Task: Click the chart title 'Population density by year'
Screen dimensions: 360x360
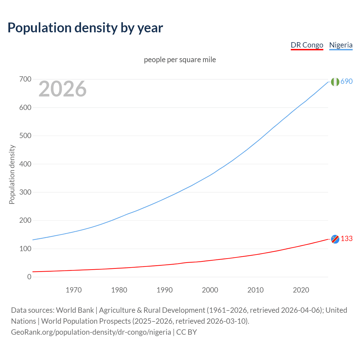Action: pyautogui.click(x=85, y=28)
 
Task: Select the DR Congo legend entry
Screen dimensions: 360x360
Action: pyautogui.click(x=307, y=45)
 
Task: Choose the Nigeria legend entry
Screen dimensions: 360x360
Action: pyautogui.click(x=341, y=45)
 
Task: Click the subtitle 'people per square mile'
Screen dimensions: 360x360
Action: pyautogui.click(x=180, y=60)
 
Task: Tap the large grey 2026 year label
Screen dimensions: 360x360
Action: pyautogui.click(x=62, y=89)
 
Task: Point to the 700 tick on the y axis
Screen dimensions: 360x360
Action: pyautogui.click(x=25, y=79)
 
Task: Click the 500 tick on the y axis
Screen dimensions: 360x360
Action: pyautogui.click(x=25, y=136)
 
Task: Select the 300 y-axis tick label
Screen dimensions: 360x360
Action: pyautogui.click(x=25, y=192)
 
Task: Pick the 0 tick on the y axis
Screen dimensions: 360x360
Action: pyautogui.click(x=29, y=277)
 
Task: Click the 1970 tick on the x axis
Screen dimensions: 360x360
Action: pyautogui.click(x=74, y=290)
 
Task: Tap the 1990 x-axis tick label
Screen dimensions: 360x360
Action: pyautogui.click(x=165, y=290)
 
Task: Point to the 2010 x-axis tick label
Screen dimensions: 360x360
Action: pyautogui.click(x=255, y=290)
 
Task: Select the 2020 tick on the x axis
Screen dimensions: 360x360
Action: pyautogui.click(x=301, y=290)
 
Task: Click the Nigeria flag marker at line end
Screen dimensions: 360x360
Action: pyautogui.click(x=335, y=82)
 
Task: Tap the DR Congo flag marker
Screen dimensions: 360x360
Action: pyautogui.click(x=335, y=239)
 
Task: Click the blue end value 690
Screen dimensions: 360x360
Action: pyautogui.click(x=346, y=81)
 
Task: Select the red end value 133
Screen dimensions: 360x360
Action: pyautogui.click(x=346, y=238)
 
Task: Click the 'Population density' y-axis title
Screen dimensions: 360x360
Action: pyautogui.click(x=12, y=174)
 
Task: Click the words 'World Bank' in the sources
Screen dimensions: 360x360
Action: pyautogui.click(x=75, y=310)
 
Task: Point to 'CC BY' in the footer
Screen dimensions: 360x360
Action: pyautogui.click(x=186, y=332)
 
